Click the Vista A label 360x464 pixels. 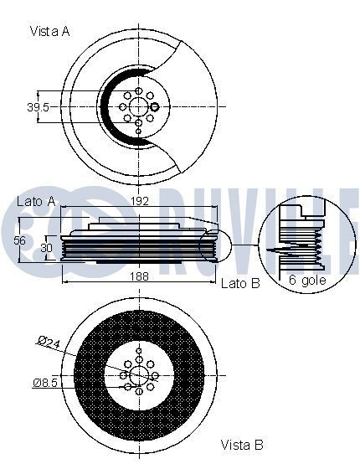click(x=49, y=31)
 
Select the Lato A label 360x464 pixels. click(x=36, y=202)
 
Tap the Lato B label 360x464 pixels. click(x=240, y=284)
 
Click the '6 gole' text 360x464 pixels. click(x=307, y=280)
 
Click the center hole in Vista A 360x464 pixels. click(x=138, y=106)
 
